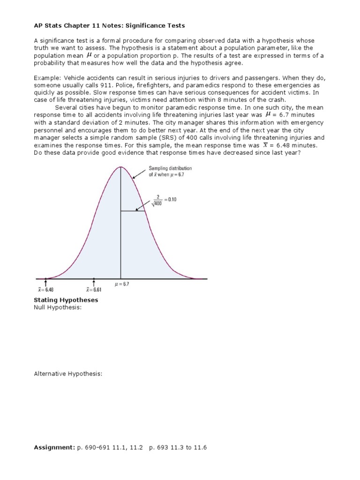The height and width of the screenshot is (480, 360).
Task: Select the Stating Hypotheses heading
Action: pyautogui.click(x=66, y=300)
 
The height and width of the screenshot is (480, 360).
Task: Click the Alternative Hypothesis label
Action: pyautogui.click(x=68, y=374)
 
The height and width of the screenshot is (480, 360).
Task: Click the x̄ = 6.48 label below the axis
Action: pyautogui.click(x=45, y=290)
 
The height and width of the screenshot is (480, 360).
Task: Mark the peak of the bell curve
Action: pyautogui.click(x=121, y=167)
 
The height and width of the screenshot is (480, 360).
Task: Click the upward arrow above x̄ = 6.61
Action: pyautogui.click(x=94, y=283)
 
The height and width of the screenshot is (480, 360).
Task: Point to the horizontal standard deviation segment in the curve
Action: pyautogui.click(x=133, y=211)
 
